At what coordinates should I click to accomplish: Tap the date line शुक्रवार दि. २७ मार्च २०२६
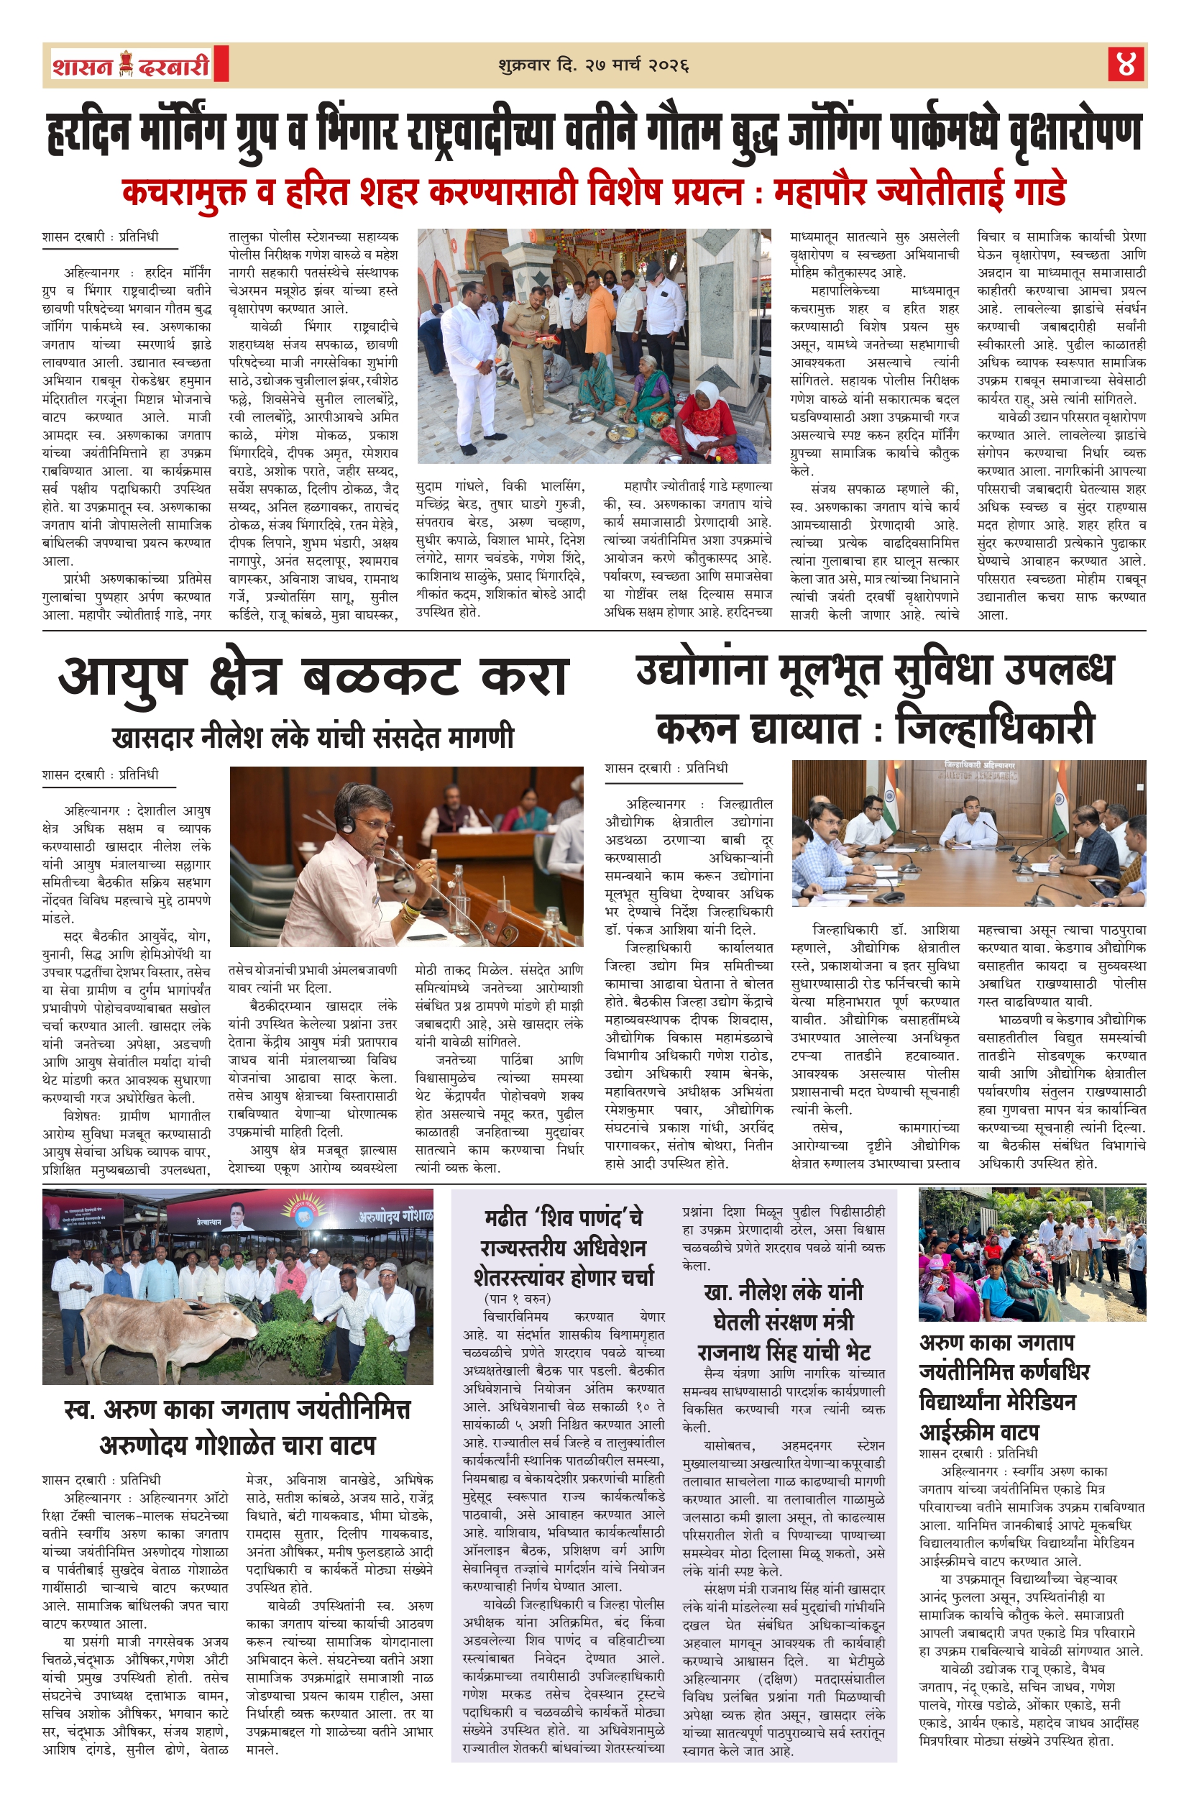594,65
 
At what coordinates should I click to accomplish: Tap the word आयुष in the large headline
123,677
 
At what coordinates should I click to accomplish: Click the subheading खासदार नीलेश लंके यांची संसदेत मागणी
313,737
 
